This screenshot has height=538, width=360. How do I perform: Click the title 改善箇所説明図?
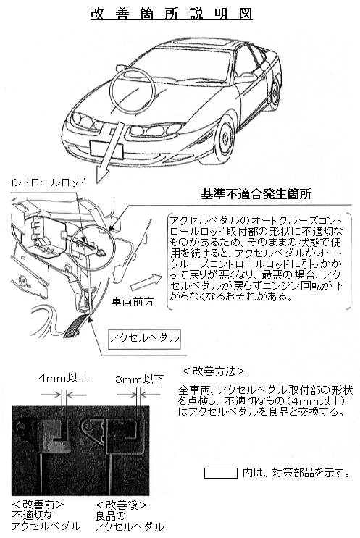[x=172, y=13]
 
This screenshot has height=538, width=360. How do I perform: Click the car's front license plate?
[x=106, y=150]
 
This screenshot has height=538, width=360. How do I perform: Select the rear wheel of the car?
[x=275, y=94]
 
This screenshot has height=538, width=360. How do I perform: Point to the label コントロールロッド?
[x=45, y=182]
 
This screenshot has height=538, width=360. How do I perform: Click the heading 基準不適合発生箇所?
[x=256, y=194]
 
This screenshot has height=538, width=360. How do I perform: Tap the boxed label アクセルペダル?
[x=144, y=338]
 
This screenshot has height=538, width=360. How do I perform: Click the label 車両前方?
[x=133, y=302]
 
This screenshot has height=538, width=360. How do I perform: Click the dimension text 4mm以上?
[x=64, y=378]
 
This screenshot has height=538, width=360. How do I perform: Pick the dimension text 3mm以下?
[x=139, y=379]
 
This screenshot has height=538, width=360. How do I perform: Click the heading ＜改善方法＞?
[x=214, y=371]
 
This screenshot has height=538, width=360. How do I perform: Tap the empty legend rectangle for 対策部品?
[x=221, y=473]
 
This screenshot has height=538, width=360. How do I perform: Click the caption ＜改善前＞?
[x=38, y=505]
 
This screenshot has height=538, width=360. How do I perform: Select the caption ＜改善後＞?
[x=121, y=505]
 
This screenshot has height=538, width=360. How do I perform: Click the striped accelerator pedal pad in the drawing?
[x=75, y=325]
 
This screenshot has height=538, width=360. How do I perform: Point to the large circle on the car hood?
[x=132, y=91]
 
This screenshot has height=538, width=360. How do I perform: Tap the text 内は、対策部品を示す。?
[x=296, y=473]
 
